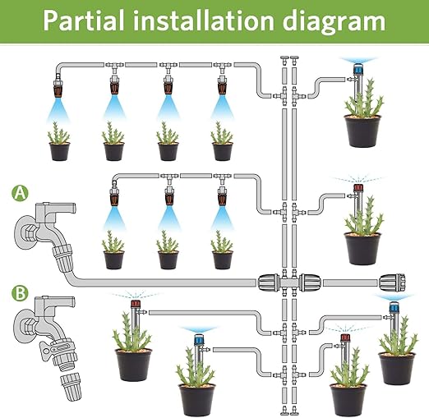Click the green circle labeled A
[x=19, y=195]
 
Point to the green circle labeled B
[x=19, y=292]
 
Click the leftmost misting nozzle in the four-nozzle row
[x=58, y=87]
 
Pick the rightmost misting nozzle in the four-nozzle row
[x=220, y=87]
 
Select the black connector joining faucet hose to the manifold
[x=271, y=282]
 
